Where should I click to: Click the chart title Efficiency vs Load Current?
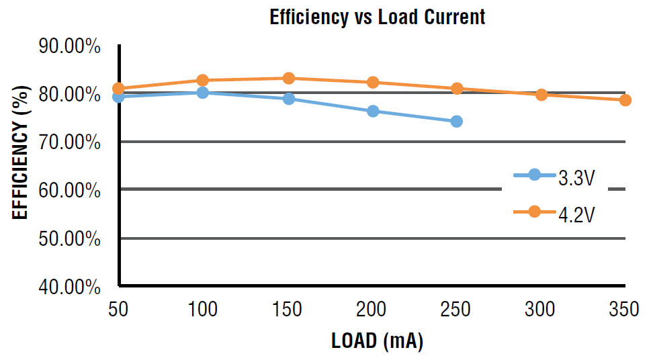tap(377, 17)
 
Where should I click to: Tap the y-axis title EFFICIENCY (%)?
tap(21, 152)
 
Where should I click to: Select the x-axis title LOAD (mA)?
tap(377, 341)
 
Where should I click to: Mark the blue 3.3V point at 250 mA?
tap(457, 122)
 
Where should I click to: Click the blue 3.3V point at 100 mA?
tap(203, 93)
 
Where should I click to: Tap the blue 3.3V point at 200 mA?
tap(373, 111)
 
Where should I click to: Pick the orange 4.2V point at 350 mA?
tap(625, 100)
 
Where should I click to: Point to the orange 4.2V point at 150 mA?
tap(289, 79)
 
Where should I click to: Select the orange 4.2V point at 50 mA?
tap(119, 89)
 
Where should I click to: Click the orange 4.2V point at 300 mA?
tap(541, 95)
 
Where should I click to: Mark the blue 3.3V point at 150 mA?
tap(289, 99)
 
